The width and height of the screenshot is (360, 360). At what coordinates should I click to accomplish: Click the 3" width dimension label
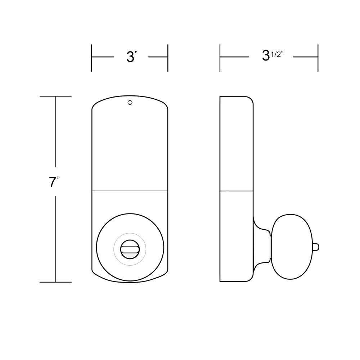(132, 57)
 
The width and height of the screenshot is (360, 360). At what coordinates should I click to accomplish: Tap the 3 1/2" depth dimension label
(273, 55)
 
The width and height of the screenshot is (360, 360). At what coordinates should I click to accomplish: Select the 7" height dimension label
(54, 182)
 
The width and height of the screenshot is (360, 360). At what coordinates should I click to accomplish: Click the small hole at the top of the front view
(130, 103)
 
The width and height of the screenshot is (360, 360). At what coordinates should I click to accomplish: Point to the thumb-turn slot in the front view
(130, 248)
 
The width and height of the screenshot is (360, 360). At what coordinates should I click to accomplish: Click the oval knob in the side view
(292, 247)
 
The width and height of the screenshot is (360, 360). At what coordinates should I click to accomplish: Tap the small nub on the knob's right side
(316, 247)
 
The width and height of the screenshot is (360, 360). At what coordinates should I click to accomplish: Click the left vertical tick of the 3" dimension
(91, 58)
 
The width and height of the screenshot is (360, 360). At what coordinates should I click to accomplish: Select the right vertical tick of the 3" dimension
(168, 58)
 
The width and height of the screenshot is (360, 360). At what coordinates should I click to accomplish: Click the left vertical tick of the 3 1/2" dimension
(220, 58)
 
